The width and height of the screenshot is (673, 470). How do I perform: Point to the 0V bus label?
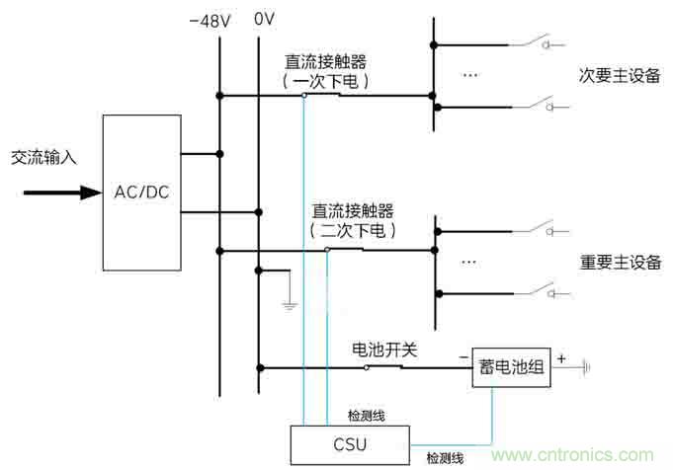[x=263, y=19]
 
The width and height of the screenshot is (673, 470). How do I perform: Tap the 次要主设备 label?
[x=619, y=76]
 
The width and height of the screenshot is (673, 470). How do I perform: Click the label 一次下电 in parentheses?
[x=325, y=82]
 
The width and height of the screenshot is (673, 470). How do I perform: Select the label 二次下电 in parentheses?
[x=352, y=230]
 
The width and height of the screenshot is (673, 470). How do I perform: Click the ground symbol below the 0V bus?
[x=289, y=305]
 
